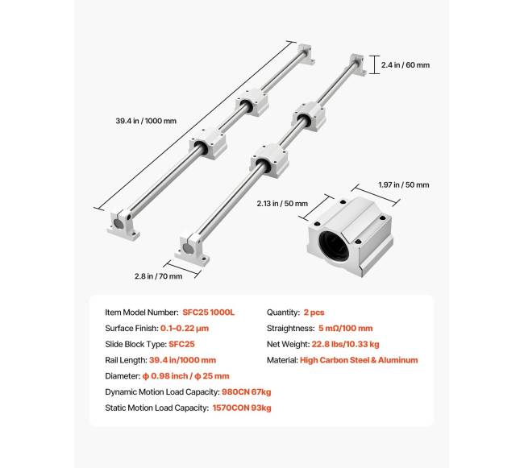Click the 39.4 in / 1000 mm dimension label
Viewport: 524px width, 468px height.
point(146,121)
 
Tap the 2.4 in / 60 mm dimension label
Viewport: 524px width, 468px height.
point(405,65)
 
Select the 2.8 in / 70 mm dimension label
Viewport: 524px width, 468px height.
point(158,276)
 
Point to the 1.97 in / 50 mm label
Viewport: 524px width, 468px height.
point(404,185)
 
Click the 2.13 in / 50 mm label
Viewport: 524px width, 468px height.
point(282,204)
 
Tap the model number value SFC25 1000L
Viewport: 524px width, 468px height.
point(209,313)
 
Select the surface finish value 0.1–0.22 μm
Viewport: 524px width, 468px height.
point(185,329)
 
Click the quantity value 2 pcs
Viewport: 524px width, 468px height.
point(314,313)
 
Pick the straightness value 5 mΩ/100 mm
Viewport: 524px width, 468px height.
point(346,329)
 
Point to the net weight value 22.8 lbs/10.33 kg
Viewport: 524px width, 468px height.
point(346,344)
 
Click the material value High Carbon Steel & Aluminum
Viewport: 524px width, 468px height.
point(359,360)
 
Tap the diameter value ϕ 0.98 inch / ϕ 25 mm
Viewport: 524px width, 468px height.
point(185,376)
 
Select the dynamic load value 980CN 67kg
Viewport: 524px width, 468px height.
point(247,392)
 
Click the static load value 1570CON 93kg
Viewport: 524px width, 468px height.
point(242,408)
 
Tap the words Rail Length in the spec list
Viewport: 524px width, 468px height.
point(125,360)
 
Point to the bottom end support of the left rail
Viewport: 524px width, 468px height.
point(123,226)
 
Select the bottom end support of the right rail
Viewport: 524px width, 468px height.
point(192,250)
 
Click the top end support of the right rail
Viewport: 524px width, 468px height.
point(358,64)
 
